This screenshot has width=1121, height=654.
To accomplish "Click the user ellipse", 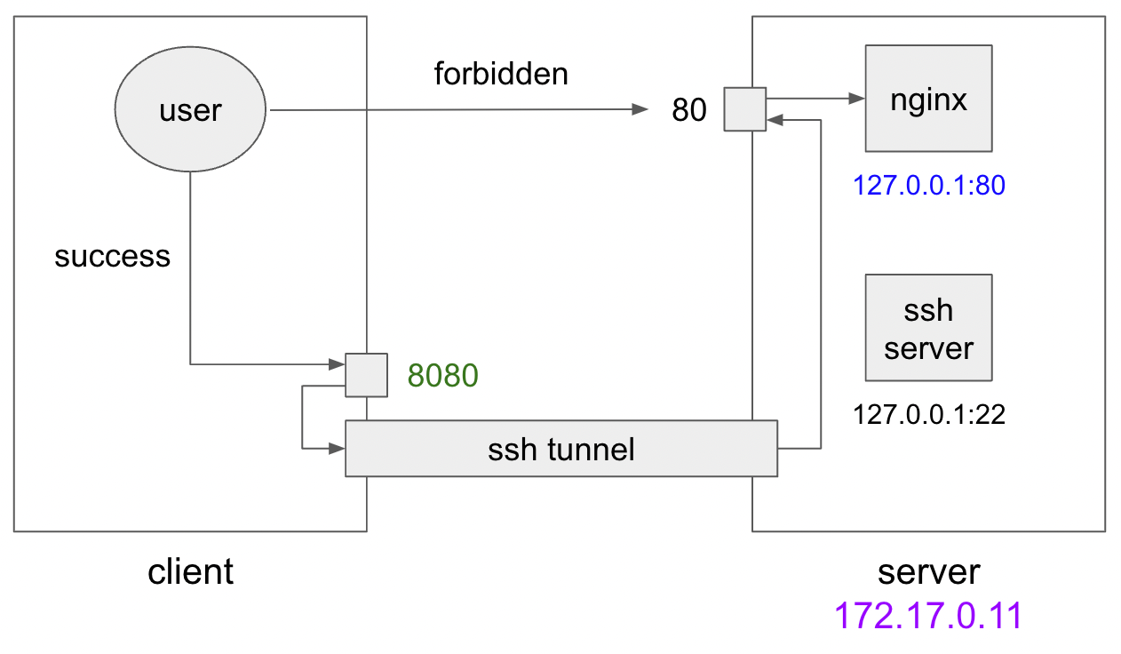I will pyautogui.click(x=191, y=110).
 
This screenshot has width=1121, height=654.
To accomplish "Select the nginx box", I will pyautogui.click(x=928, y=100).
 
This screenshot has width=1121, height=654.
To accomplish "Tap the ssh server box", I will pyautogui.click(x=928, y=328).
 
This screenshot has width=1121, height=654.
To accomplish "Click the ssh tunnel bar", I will pyautogui.click(x=561, y=449).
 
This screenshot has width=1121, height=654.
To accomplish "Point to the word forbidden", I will pyautogui.click(x=500, y=74).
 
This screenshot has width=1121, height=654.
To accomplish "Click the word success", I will pyautogui.click(x=112, y=256).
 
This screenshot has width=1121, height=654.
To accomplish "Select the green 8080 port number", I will pyautogui.click(x=442, y=376).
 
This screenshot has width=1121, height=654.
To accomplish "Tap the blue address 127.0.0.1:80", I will pyautogui.click(x=928, y=186).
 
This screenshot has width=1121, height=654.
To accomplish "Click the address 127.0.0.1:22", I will pyautogui.click(x=928, y=414).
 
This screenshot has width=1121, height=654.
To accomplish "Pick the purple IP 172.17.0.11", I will pyautogui.click(x=928, y=615).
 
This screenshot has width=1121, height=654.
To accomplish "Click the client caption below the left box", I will pyautogui.click(x=190, y=571).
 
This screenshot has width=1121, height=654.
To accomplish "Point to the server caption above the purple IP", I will pyautogui.click(x=928, y=571).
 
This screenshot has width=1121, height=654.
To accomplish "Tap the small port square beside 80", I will pyautogui.click(x=744, y=109).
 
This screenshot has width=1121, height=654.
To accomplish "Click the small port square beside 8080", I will pyautogui.click(x=366, y=375).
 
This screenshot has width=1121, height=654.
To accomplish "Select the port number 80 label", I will pyautogui.click(x=689, y=110).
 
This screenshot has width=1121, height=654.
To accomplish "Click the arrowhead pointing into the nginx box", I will pyautogui.click(x=857, y=98).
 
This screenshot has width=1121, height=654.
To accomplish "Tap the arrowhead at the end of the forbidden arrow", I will pyautogui.click(x=640, y=110).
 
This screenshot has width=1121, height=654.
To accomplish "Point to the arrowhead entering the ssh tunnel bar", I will pyautogui.click(x=338, y=448).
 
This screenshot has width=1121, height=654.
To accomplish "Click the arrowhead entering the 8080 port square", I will pyautogui.click(x=338, y=363).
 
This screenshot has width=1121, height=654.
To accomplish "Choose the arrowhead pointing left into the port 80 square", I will pyautogui.click(x=774, y=119).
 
